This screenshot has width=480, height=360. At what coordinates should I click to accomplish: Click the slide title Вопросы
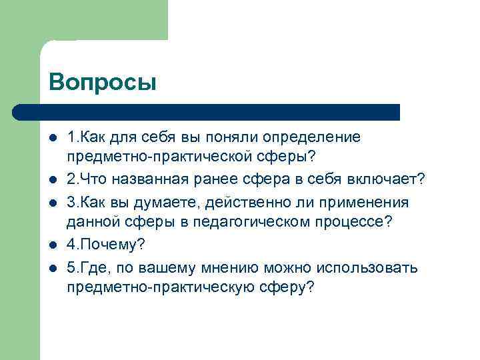click(102, 82)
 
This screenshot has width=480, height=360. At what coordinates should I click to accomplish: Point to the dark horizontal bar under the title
click(207, 112)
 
